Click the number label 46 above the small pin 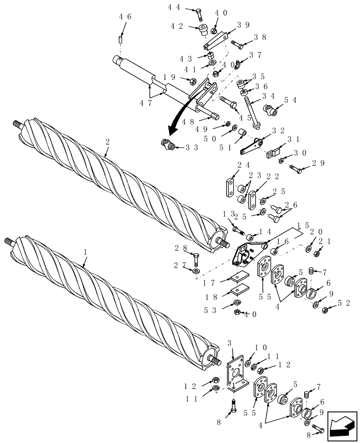pos(125,17)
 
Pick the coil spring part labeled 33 pos(167,144)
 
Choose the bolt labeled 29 pos(296,168)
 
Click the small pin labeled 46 pos(120,39)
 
